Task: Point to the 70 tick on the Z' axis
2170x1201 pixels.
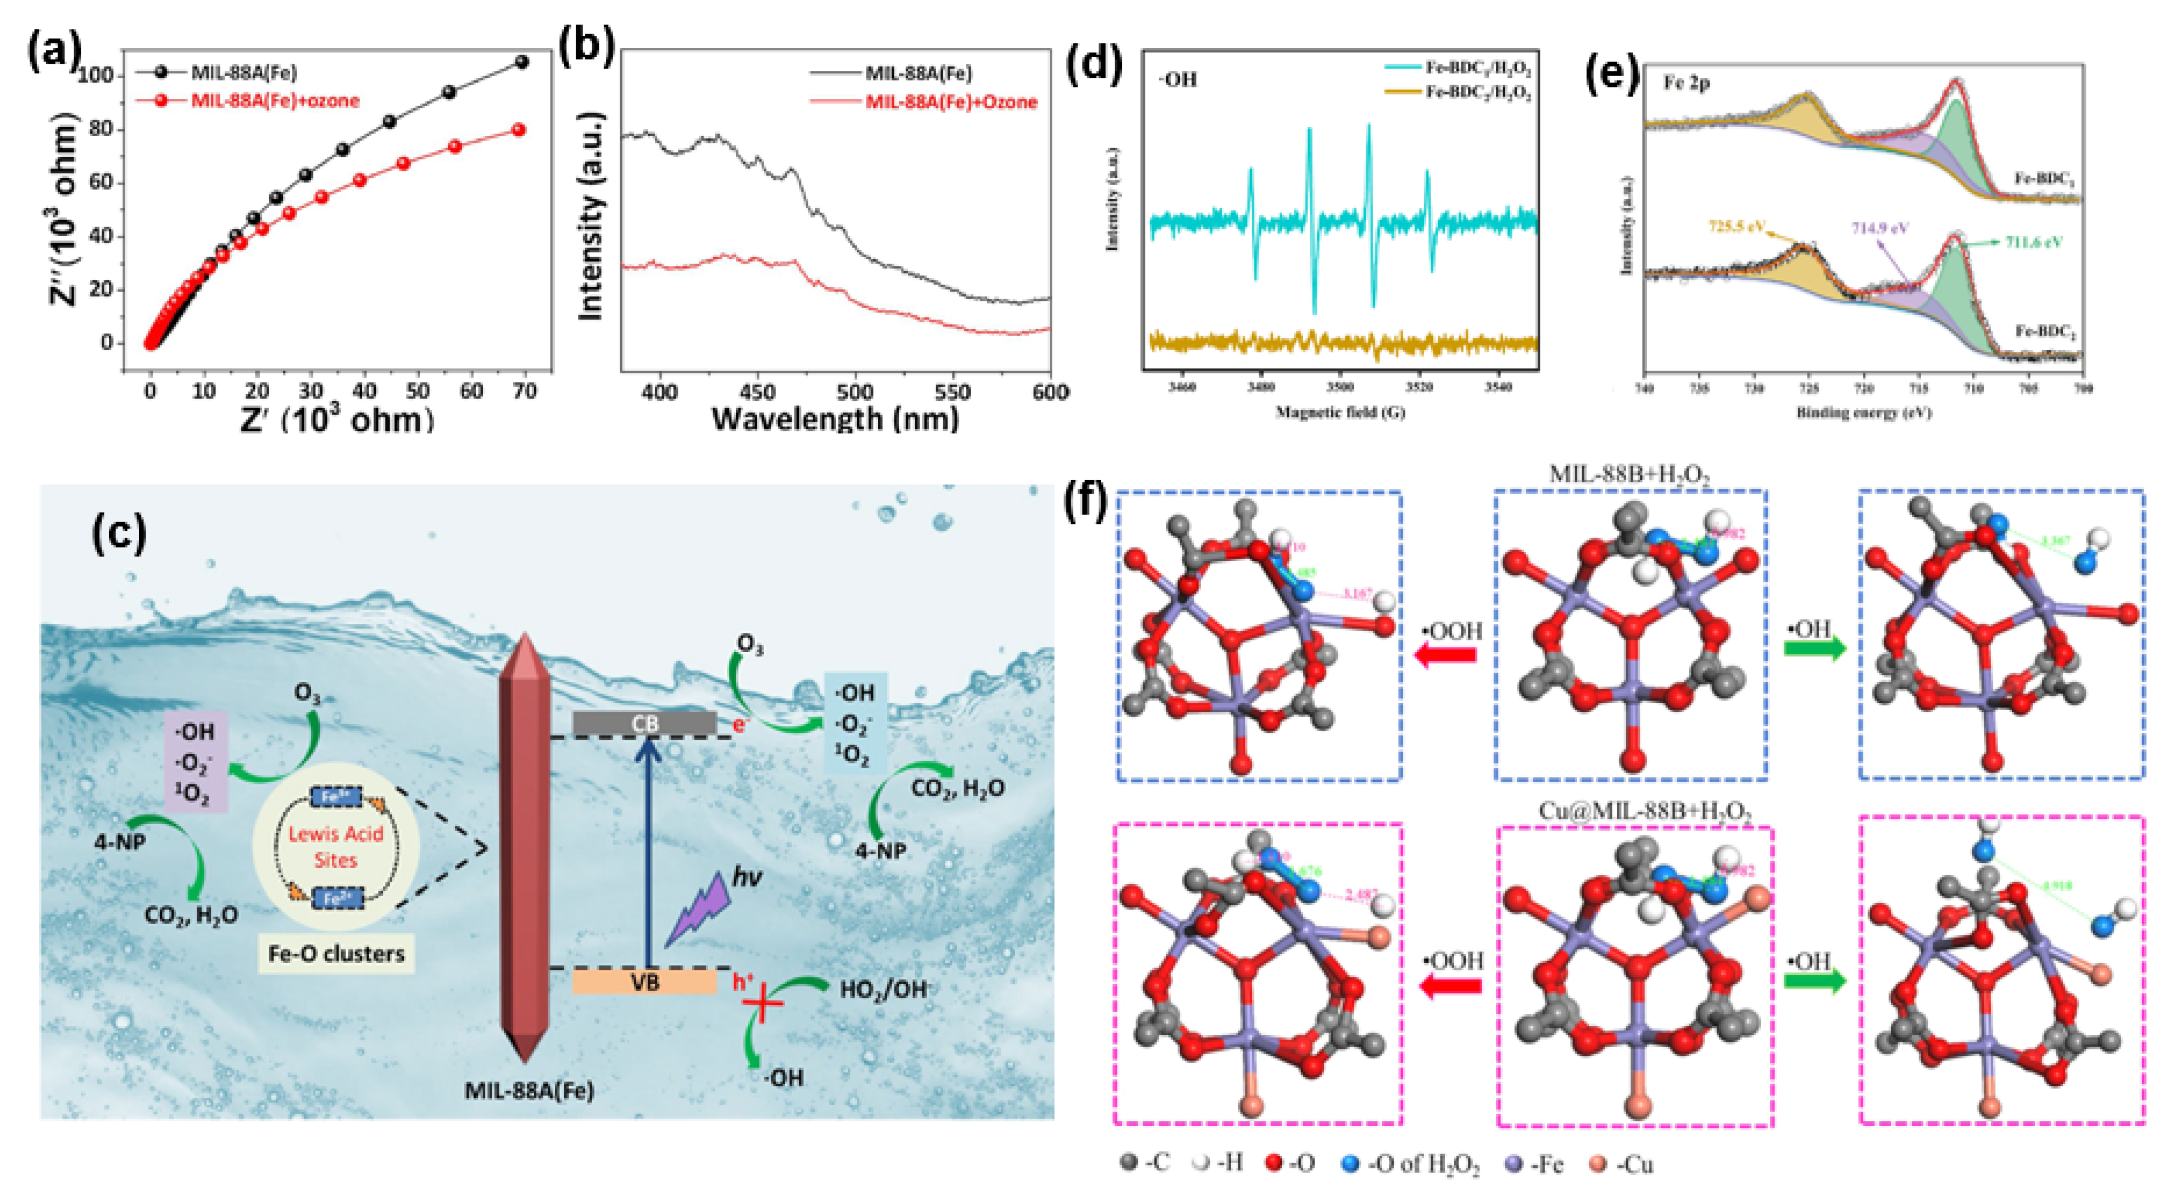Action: [524, 392]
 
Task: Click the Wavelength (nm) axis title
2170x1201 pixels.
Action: [835, 418]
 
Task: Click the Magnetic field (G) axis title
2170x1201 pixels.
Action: [1339, 412]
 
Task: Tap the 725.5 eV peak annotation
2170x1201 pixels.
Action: [1738, 227]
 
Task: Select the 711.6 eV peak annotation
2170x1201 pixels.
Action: [2033, 243]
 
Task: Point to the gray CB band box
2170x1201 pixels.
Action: [644, 723]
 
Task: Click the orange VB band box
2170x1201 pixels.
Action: [644, 982]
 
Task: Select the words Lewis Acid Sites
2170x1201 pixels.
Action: [335, 846]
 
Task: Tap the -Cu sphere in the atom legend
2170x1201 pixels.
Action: [1596, 1165]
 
